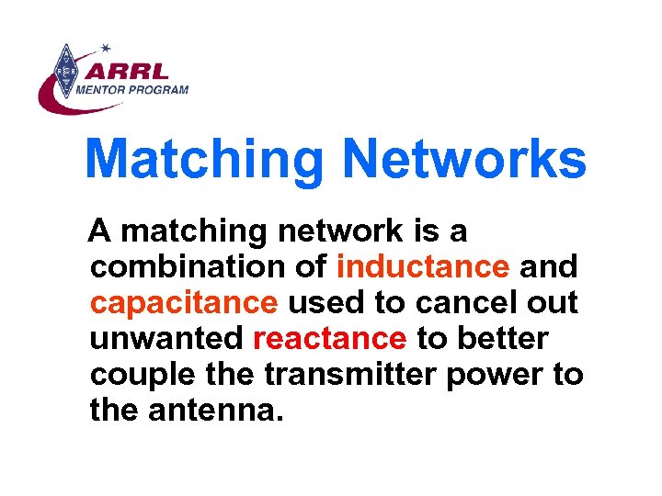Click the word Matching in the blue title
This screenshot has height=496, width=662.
(205, 160)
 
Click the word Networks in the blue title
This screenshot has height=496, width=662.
(464, 160)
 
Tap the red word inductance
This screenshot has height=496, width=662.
(423, 266)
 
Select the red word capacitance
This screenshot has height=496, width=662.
(183, 302)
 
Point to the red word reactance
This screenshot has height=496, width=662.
(328, 338)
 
